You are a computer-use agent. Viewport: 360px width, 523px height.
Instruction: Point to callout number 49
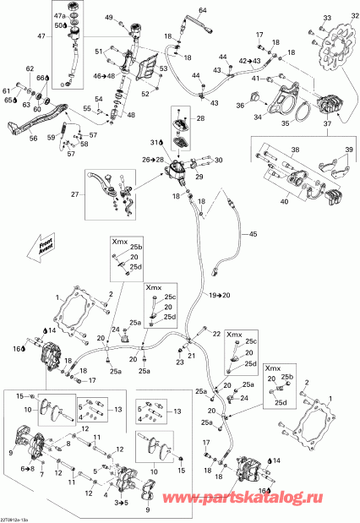coord(109,18)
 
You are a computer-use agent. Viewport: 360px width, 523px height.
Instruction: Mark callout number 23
coord(179,362)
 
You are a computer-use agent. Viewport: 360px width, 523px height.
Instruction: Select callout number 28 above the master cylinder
coord(199,119)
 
